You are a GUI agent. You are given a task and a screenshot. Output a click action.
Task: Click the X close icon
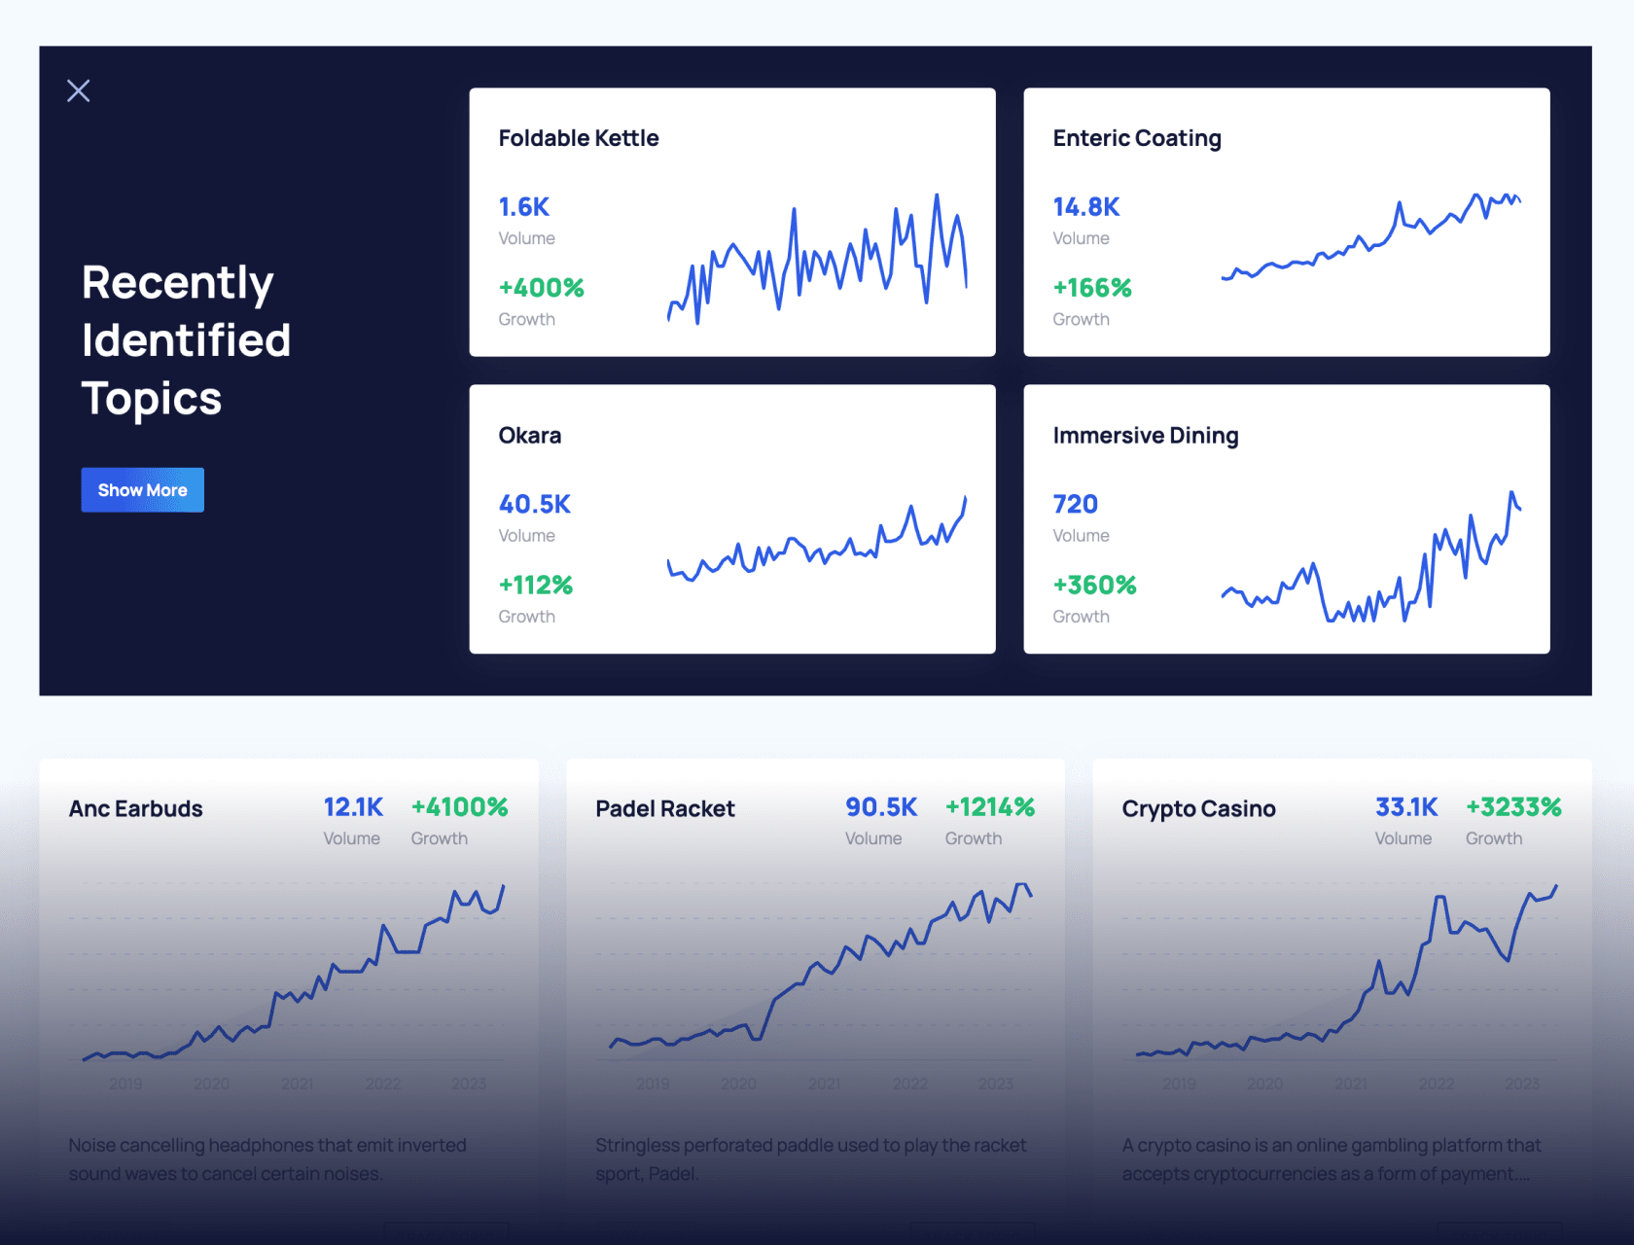(79, 91)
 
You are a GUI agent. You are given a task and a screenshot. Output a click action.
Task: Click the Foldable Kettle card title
(579, 138)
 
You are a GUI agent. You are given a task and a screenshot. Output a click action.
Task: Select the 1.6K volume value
(524, 207)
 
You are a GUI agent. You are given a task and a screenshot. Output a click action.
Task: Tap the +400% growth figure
(541, 288)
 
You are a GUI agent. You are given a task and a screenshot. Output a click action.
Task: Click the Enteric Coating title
(1136, 138)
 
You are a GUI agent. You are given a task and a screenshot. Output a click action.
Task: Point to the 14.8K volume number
(1086, 207)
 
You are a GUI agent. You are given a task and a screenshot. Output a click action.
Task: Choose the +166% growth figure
(1091, 288)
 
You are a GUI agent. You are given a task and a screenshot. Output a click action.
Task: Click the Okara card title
(530, 436)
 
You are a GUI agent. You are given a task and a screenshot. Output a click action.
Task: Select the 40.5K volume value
(534, 504)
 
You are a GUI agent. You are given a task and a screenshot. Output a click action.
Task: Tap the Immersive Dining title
(1145, 436)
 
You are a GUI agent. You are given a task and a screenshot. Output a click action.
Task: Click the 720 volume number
(1075, 504)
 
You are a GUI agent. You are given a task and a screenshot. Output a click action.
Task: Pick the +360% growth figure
(1094, 586)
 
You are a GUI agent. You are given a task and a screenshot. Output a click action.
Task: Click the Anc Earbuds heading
(136, 809)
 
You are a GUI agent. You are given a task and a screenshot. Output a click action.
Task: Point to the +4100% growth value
(459, 807)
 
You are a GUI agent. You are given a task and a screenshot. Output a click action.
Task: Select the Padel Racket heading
(664, 809)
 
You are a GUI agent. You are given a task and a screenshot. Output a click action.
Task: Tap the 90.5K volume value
(881, 807)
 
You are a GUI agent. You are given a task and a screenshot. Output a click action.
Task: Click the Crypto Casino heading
(1198, 809)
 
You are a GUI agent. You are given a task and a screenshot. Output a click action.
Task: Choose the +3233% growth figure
(1513, 807)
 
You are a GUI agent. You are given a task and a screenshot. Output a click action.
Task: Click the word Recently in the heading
(177, 283)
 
